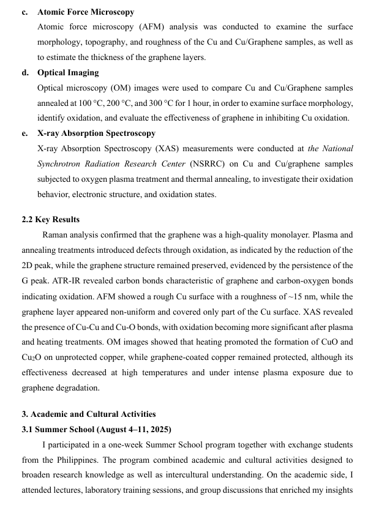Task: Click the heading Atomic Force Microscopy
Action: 86,12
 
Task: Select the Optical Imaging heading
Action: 68,73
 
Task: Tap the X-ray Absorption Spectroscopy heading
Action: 96,133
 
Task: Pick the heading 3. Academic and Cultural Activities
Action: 89,414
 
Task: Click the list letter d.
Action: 24,73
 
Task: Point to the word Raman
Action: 55,235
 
